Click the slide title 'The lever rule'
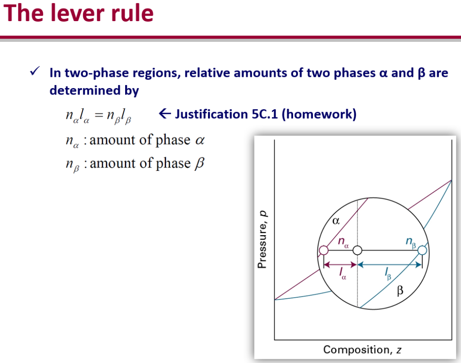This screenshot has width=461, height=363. [79, 13]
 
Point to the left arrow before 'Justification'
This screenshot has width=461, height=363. [164, 114]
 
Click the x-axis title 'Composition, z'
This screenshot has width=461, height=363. [359, 350]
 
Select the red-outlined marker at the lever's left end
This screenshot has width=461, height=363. [323, 250]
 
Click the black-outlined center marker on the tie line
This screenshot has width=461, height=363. [357, 250]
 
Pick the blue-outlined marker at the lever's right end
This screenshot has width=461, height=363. [422, 250]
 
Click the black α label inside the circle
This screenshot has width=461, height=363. [335, 221]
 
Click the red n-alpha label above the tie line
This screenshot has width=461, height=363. [343, 242]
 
